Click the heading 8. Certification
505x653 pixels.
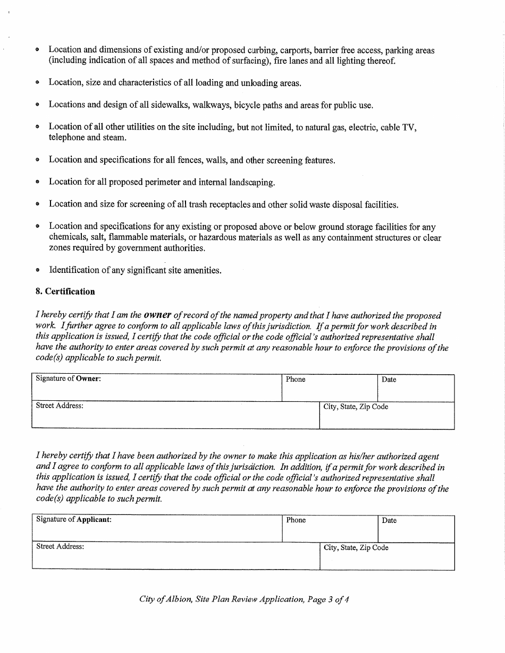[65, 291]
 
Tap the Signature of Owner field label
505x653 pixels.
[68, 379]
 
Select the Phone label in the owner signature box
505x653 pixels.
[296, 380]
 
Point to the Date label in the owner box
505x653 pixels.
[389, 380]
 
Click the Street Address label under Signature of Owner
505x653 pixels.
[60, 406]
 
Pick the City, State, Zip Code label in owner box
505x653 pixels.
[356, 407]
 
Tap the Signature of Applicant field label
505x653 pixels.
[74, 520]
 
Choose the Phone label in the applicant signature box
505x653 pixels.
[296, 520]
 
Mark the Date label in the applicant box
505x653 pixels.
[390, 521]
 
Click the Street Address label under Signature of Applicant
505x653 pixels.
[60, 547]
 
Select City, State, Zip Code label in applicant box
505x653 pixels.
[356, 548]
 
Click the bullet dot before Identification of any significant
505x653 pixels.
[37, 270]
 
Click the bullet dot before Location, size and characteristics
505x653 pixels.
[37, 83]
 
